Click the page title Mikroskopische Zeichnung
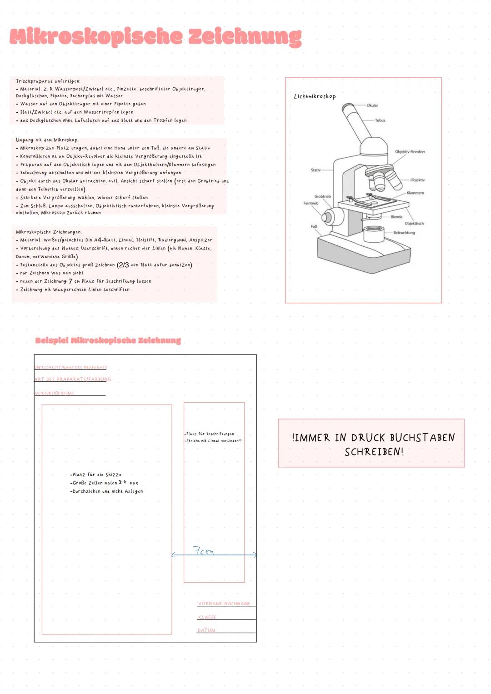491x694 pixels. tap(155, 37)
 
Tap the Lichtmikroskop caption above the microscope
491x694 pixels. tap(315, 96)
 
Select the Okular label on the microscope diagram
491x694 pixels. tap(372, 105)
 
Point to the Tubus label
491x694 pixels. tap(380, 120)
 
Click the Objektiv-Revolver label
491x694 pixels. tap(410, 152)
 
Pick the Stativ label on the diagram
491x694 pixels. tap(316, 170)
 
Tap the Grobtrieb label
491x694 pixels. tap(322, 196)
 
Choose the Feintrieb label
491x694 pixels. tap(311, 203)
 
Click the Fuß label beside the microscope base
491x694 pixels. tap(314, 226)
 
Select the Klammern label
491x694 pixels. tap(415, 193)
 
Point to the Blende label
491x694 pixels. tap(396, 217)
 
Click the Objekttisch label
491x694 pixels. tap(414, 224)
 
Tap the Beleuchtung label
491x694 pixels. tap(404, 233)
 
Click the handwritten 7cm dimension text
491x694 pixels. tap(203, 551)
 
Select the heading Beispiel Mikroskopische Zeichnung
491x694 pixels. tap(108, 340)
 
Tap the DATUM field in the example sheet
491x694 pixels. tap(206, 630)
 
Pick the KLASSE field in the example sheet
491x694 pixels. tap(207, 617)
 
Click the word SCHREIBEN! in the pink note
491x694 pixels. tap(374, 452)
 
